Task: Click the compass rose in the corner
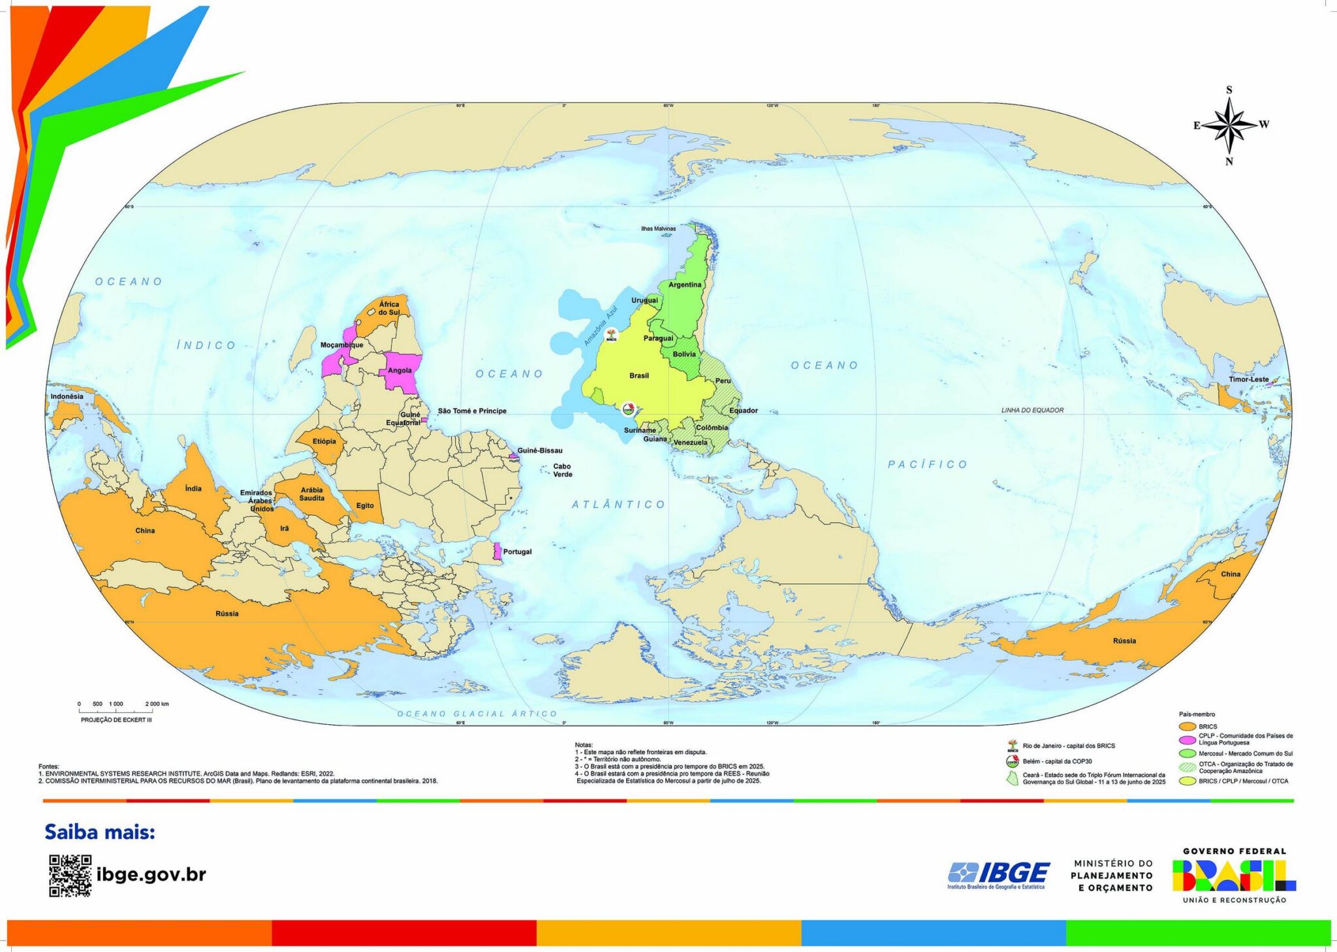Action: point(1229,125)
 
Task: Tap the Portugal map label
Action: point(517,552)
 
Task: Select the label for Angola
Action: point(400,370)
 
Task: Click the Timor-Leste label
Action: point(1248,379)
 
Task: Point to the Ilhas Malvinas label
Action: point(658,229)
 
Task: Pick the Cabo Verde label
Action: point(562,470)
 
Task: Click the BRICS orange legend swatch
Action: point(1187,726)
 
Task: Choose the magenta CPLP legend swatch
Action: point(1187,739)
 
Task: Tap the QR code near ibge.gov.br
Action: point(70,875)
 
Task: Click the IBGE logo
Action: point(999,874)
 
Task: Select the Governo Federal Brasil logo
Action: point(1234,876)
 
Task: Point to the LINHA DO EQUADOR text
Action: point(1032,410)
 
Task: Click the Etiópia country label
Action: point(324,441)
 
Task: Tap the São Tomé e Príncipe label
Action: point(472,411)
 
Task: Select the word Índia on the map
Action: point(193,488)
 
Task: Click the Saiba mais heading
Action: point(100,832)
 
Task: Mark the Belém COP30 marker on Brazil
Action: point(628,410)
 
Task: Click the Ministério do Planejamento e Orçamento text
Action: point(1112,875)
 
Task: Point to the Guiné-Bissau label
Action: point(539,451)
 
